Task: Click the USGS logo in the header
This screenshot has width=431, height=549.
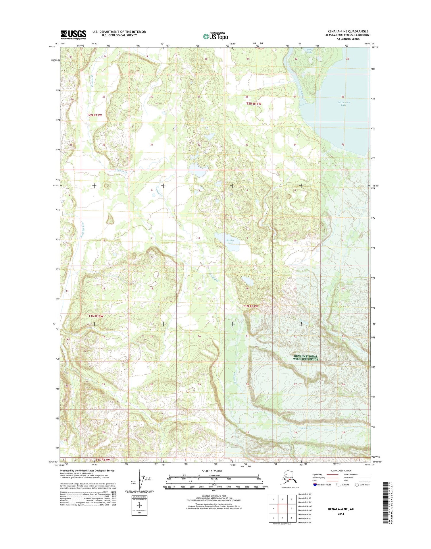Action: [x=73, y=34]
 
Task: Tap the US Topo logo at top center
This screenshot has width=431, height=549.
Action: [x=215, y=36]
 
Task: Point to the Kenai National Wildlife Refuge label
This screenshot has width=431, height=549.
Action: [x=306, y=358]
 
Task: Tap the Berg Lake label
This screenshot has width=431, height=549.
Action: [x=309, y=51]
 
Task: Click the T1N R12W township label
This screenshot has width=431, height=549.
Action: [x=95, y=316]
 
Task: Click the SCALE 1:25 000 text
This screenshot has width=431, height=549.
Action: [x=214, y=471]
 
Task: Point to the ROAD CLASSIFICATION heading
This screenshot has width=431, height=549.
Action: [x=340, y=471]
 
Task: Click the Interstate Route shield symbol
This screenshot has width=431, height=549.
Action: [x=315, y=484]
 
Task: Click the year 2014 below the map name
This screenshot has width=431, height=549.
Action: [x=341, y=514]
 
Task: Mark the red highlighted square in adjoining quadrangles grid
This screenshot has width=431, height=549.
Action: [x=283, y=508]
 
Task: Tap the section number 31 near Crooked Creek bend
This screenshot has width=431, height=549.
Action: [x=151, y=145]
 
